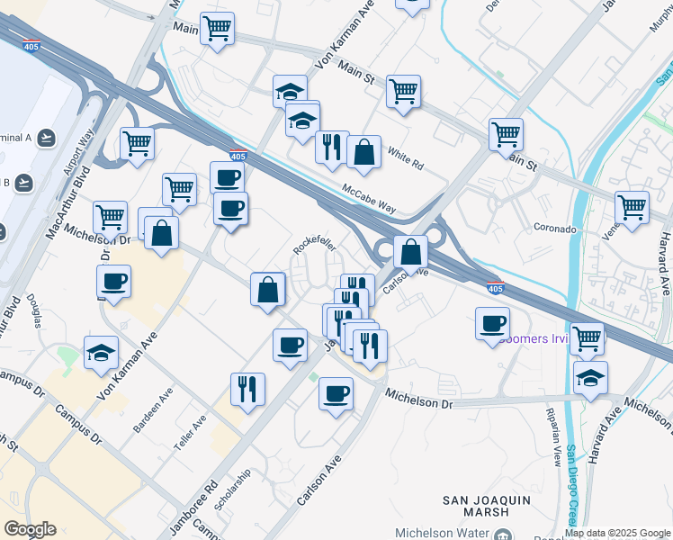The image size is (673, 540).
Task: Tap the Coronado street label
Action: [554, 229]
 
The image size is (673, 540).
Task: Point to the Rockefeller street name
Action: [314, 246]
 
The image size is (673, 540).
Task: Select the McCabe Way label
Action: [369, 198]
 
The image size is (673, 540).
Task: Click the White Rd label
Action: [405, 160]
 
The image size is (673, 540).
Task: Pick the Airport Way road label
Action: [79, 157]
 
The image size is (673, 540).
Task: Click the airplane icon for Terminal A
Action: [47, 138]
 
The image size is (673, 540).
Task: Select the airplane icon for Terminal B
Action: [25, 183]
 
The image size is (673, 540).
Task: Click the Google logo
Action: [30, 529]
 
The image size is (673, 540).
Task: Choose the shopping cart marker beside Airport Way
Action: [137, 142]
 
